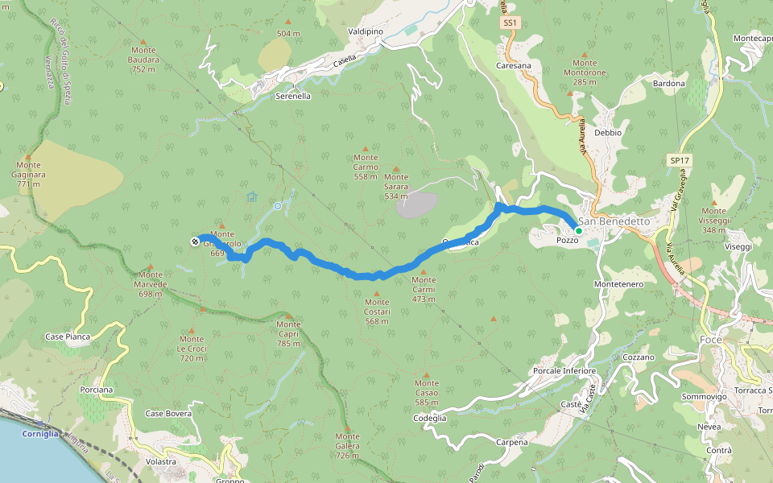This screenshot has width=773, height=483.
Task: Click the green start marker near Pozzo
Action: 578,230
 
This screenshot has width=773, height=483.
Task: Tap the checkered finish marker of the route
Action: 195,241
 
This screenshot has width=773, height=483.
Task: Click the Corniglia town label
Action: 40,433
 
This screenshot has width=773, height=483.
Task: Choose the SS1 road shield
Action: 509,23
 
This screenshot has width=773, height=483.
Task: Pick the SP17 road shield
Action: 680,161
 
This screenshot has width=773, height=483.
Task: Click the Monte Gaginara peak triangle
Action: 28,157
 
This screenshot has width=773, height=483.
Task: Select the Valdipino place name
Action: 366,31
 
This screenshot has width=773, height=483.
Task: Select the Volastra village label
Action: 161,461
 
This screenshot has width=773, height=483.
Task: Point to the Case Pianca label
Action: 68,336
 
